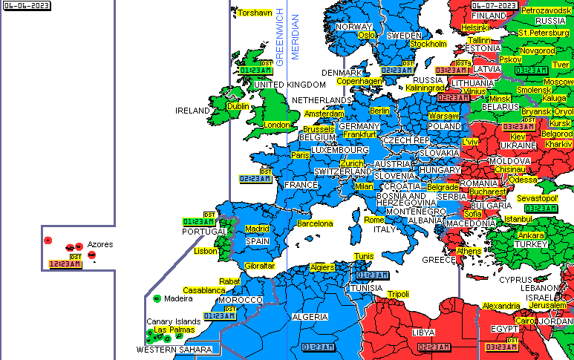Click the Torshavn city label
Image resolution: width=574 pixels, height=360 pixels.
click(255, 13)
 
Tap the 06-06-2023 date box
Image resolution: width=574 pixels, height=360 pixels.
click(21, 5)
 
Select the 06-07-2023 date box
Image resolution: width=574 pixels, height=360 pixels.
click(494, 5)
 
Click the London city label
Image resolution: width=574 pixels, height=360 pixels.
click(277, 125)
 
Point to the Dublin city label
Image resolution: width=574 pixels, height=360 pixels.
click(238, 106)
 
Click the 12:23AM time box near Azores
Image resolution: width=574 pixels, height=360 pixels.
click(65, 264)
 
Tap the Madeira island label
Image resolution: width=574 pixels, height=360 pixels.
click(178, 298)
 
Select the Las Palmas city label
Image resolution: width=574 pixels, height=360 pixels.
click(175, 330)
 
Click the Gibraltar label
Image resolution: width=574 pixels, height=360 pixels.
click(260, 266)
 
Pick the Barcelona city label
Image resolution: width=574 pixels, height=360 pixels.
click(315, 223)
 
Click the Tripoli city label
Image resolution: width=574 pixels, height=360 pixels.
click(398, 294)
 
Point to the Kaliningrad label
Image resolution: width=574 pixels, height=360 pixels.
click(425, 88)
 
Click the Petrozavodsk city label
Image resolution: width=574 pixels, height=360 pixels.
click(547, 10)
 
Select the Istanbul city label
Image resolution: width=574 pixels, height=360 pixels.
click(518, 219)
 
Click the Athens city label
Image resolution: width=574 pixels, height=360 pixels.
click(469, 251)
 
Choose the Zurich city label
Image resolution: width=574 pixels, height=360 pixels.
click(352, 163)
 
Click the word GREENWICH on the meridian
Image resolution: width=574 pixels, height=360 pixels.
click(280, 33)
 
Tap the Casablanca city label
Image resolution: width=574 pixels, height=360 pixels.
click(203, 290)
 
